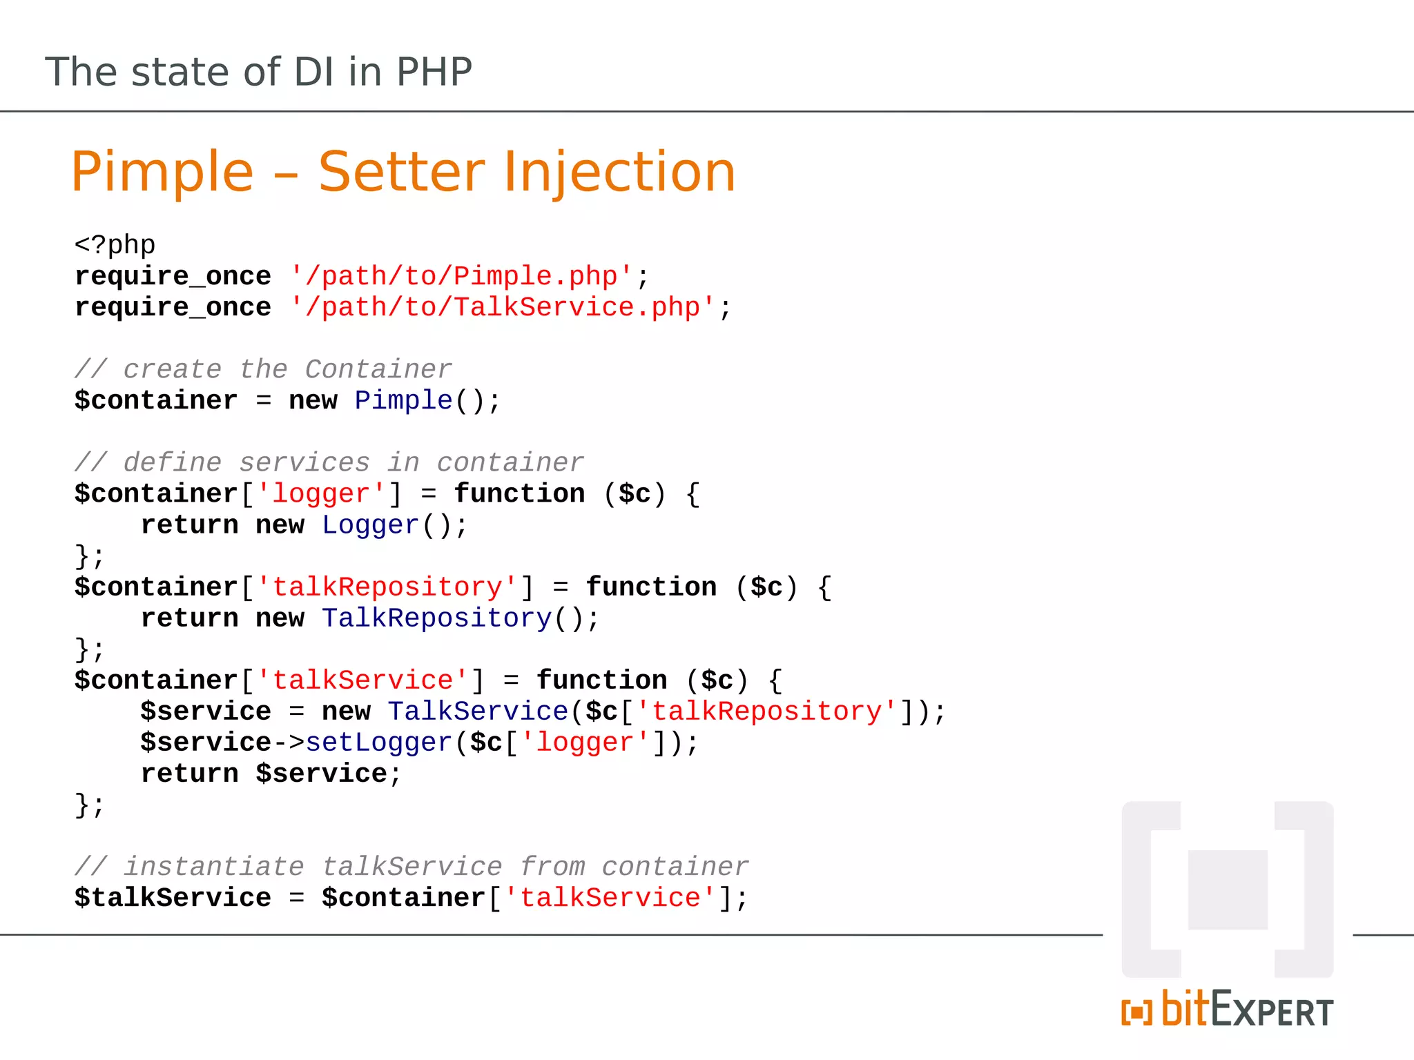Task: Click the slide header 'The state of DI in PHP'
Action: coord(259,72)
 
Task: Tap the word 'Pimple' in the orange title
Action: coord(162,172)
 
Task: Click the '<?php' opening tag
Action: coord(115,245)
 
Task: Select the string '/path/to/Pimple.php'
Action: coord(461,276)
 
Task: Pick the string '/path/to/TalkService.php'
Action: coord(503,307)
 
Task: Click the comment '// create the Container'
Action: coord(263,369)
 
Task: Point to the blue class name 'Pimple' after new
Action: coord(403,400)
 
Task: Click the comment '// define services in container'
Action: coord(329,462)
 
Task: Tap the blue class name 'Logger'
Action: coord(371,525)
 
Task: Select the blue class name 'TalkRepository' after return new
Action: coord(436,618)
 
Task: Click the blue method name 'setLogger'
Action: coord(378,743)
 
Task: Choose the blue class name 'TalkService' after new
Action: coord(478,711)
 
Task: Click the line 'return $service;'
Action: coord(271,774)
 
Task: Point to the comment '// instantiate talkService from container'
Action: coord(411,867)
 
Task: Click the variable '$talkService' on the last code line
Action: coord(173,898)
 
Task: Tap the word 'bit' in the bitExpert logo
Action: coord(1185,1009)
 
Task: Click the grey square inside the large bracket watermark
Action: coord(1228,890)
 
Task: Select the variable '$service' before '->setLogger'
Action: coord(206,743)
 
